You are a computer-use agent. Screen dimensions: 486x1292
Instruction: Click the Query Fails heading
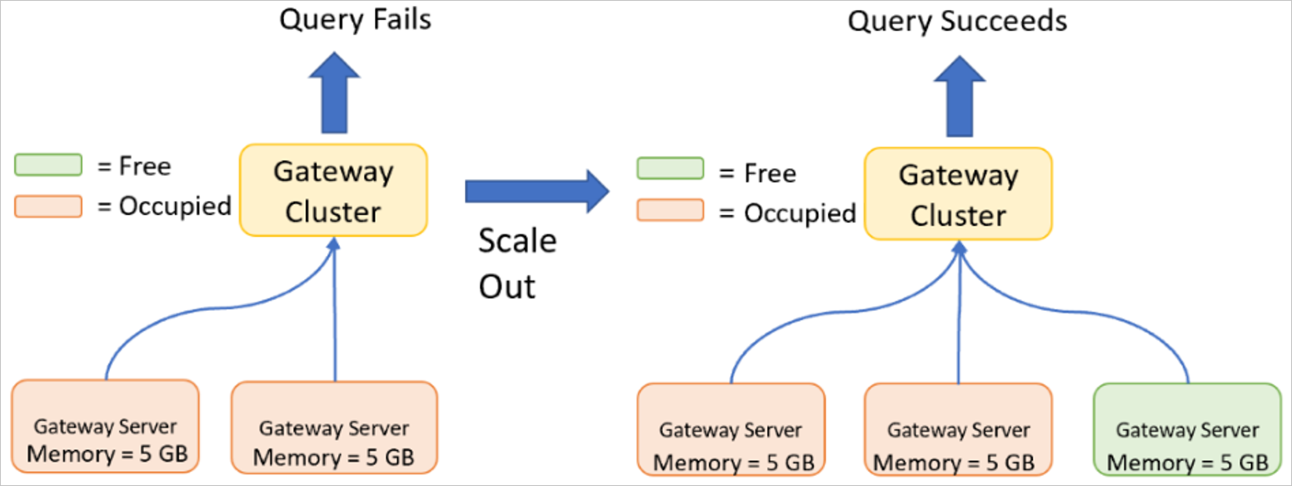pyautogui.click(x=355, y=19)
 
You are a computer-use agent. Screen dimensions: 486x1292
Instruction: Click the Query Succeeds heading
pyautogui.click(x=957, y=21)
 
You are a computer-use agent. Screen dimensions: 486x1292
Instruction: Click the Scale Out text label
pyautogui.click(x=517, y=263)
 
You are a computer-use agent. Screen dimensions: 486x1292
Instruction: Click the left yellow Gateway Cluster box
pyautogui.click(x=333, y=190)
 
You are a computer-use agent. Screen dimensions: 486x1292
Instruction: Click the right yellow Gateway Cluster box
pyautogui.click(x=958, y=194)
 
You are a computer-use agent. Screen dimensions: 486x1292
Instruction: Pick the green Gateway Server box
pyautogui.click(x=1186, y=429)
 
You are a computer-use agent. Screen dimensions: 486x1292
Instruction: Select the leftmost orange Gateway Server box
pyautogui.click(x=105, y=426)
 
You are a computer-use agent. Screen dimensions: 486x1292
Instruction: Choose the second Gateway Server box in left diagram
pyautogui.click(x=334, y=428)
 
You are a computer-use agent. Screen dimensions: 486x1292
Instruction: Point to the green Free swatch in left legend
pyautogui.click(x=48, y=165)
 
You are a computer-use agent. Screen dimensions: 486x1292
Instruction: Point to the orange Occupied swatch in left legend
pyautogui.click(x=48, y=206)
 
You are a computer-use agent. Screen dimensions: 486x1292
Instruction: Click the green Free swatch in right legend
pyautogui.click(x=670, y=170)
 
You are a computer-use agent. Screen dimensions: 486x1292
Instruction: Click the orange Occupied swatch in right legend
pyautogui.click(x=670, y=211)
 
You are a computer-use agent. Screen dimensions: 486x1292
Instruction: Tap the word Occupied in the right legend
pyautogui.click(x=800, y=213)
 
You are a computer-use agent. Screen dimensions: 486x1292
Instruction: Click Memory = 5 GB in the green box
pyautogui.click(x=1187, y=462)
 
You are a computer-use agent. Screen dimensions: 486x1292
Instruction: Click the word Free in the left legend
pyautogui.click(x=146, y=166)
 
